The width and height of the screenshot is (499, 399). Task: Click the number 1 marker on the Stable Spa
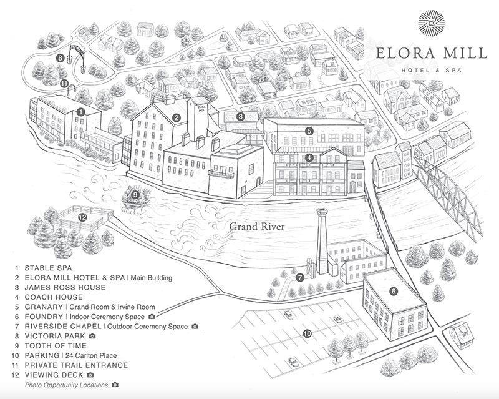81,111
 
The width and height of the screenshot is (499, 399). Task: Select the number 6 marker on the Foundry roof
393,290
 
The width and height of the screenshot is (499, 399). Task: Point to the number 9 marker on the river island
135,194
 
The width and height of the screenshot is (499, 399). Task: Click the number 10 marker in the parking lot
306,333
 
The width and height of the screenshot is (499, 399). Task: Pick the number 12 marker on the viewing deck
82,217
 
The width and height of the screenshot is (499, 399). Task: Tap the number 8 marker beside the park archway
60,57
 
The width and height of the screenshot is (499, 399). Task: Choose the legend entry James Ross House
65,287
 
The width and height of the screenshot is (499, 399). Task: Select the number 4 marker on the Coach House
309,157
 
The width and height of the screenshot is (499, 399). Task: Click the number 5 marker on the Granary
309,131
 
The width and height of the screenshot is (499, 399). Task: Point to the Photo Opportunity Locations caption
66,385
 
